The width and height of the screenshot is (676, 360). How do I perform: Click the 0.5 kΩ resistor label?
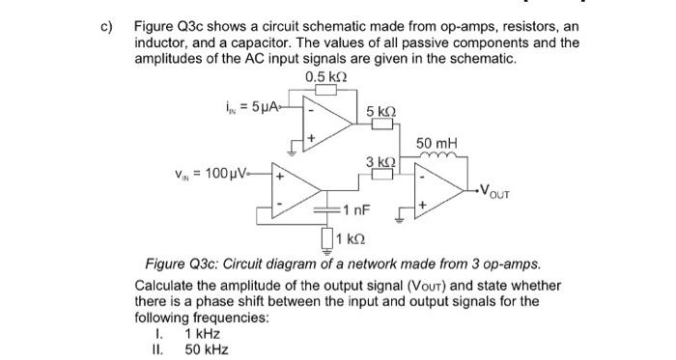click(x=324, y=76)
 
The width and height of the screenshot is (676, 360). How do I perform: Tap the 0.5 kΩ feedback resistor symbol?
click(x=324, y=90)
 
